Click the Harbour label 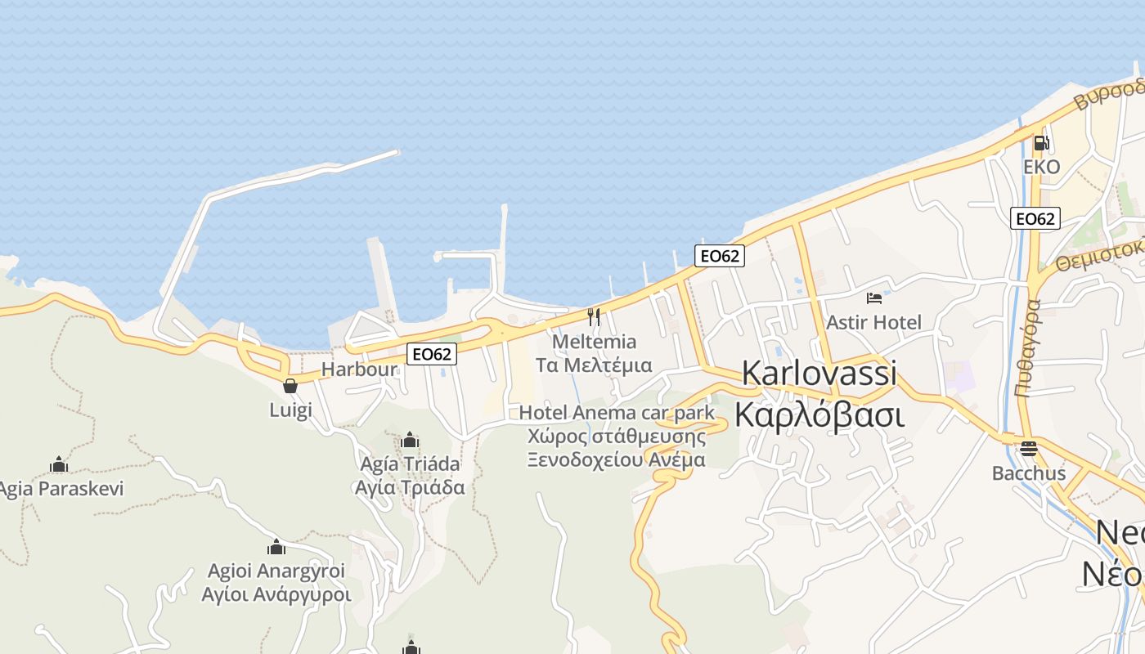click(x=358, y=369)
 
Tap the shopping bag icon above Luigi click(x=290, y=386)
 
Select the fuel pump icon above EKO click(x=1041, y=143)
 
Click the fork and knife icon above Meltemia click(x=594, y=316)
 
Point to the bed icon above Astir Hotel click(x=874, y=298)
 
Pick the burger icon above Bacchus click(x=1028, y=449)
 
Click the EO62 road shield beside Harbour click(x=432, y=354)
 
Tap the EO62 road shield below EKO click(x=1035, y=218)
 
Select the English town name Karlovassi click(x=819, y=373)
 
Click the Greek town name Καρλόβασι click(x=819, y=414)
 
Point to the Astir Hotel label click(x=874, y=322)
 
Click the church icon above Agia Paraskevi click(x=59, y=465)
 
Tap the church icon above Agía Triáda click(x=410, y=441)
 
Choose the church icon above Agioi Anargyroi click(x=276, y=547)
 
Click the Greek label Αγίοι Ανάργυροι click(x=276, y=594)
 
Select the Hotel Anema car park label click(x=617, y=413)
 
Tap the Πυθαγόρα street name click(x=1028, y=347)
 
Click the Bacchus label click(x=1029, y=473)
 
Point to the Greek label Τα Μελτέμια click(x=594, y=365)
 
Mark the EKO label click(x=1042, y=167)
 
